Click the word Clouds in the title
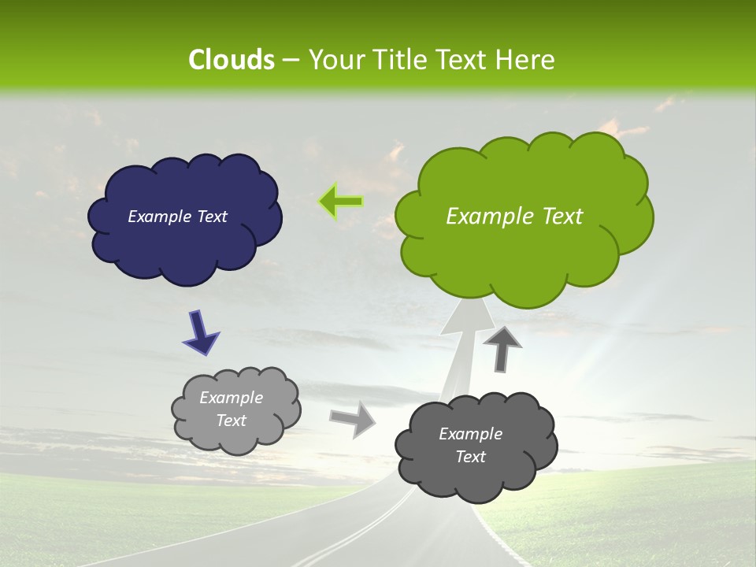click(231, 60)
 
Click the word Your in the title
click(335, 60)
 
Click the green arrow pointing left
click(341, 202)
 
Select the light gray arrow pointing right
click(352, 418)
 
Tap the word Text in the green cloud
click(560, 217)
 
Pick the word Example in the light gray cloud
click(231, 398)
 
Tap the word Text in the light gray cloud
click(231, 421)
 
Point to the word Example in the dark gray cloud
click(470, 434)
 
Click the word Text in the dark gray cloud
click(470, 457)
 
